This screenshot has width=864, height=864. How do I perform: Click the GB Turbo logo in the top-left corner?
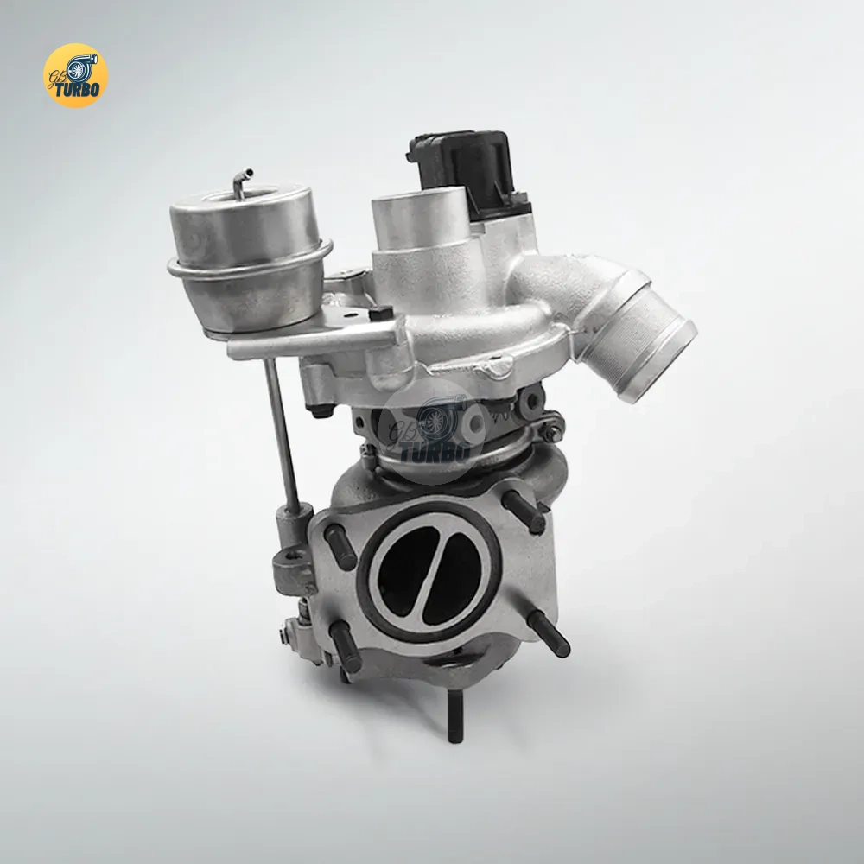(75, 75)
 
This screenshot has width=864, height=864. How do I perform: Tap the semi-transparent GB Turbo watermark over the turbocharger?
(431, 431)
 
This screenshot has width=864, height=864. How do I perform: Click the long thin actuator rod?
(283, 435)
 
